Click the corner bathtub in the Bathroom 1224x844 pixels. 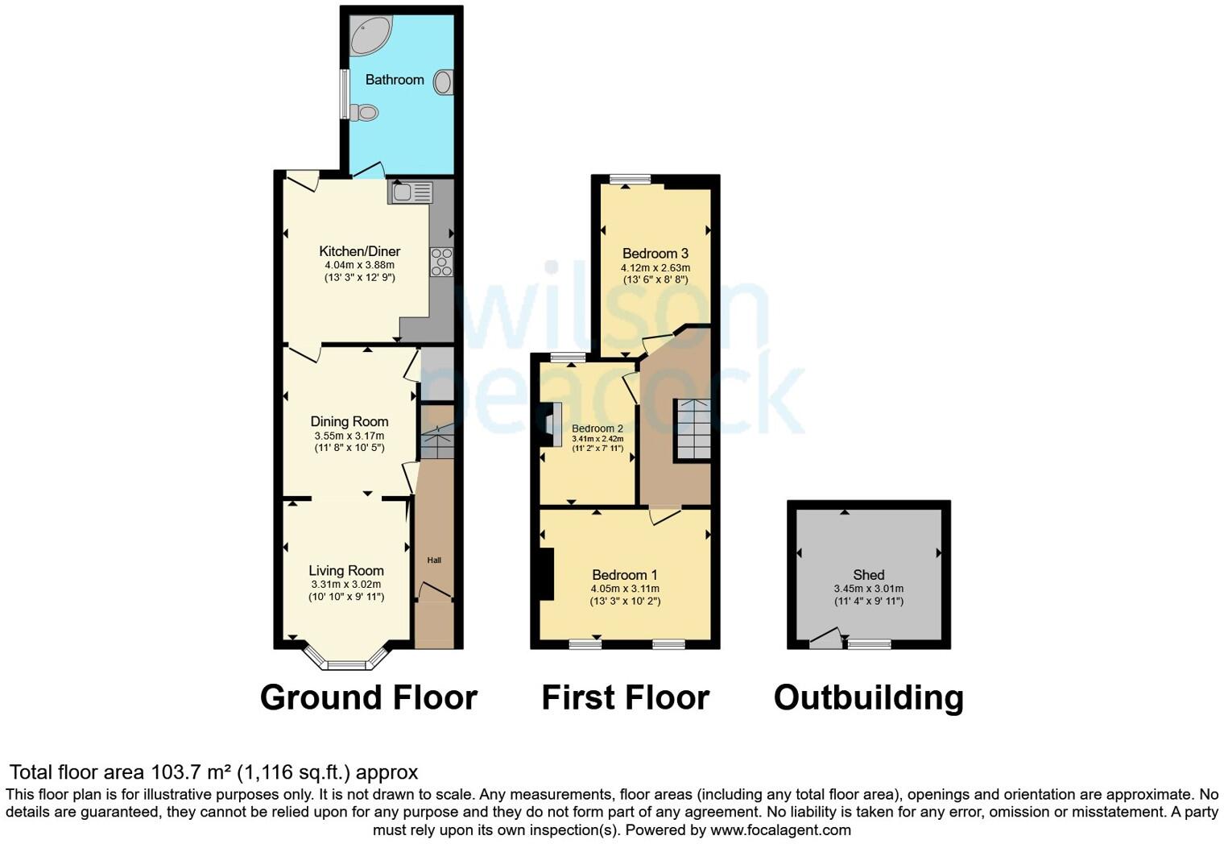pos(370,35)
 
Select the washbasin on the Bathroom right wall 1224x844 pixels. pos(443,82)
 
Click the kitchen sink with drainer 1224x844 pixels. pos(411,192)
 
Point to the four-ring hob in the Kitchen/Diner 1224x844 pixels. pos(441,262)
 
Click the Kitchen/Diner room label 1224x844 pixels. pos(359,251)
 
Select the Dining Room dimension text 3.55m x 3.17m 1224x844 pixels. pos(349,436)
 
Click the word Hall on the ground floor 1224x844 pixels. pos(434,561)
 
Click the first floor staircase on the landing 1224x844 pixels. pos(693,429)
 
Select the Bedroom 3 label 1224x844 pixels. pos(655,254)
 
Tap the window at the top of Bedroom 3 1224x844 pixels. pos(630,180)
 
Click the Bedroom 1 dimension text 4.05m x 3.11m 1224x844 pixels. pos(625,589)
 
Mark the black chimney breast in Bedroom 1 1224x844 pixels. pos(546,573)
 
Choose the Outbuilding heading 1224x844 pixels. pos(868,697)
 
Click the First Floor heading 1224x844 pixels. pos(625,697)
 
